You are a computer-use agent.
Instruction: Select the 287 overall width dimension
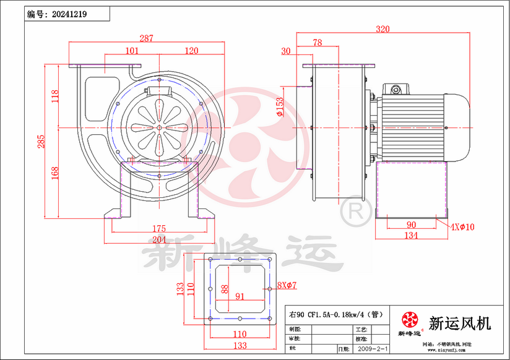146,38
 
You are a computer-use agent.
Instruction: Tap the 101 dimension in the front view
132,51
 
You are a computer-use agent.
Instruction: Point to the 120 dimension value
191,51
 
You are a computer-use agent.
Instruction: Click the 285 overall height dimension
39,142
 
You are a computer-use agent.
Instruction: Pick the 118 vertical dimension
55,95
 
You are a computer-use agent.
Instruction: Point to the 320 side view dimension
384,28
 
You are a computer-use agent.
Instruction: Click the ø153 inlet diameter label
280,106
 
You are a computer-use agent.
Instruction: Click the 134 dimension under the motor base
410,235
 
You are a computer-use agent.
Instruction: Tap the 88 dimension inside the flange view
225,289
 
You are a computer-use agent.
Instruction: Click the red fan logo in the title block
409,320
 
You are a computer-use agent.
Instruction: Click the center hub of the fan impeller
159,128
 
